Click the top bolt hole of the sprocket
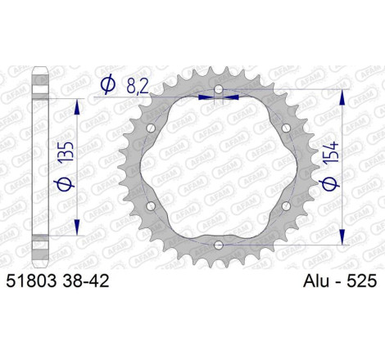pos(218,89)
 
